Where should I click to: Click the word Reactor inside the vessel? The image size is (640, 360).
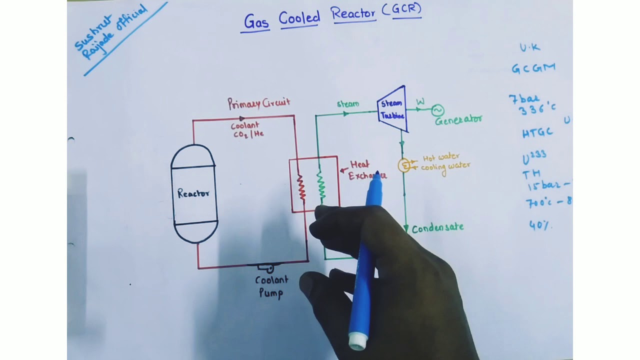193,193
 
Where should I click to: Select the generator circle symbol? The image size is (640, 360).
437,110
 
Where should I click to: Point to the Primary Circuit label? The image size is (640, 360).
258,103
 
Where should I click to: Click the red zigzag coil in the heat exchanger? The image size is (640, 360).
301,187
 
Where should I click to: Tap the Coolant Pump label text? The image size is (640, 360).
271,287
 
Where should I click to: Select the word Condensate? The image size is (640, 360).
438,228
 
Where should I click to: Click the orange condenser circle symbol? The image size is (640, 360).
404,165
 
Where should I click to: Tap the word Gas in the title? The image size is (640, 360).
256,21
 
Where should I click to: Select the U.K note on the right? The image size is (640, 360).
529,47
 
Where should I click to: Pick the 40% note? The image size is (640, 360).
540,225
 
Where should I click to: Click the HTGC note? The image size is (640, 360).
537,132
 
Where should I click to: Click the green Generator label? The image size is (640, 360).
458,120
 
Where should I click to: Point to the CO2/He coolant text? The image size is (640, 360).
248,134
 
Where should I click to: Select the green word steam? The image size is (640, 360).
348,104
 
